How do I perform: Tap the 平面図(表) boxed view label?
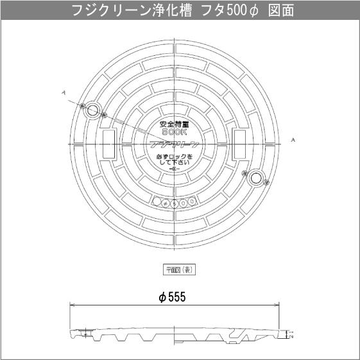point(179,270)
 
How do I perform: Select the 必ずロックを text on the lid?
point(175,156)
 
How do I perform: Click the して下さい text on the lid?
point(175,163)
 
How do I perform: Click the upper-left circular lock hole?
point(92,111)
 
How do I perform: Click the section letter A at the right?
point(293,139)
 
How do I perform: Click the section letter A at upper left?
point(64,93)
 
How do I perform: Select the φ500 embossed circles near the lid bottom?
point(174,202)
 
